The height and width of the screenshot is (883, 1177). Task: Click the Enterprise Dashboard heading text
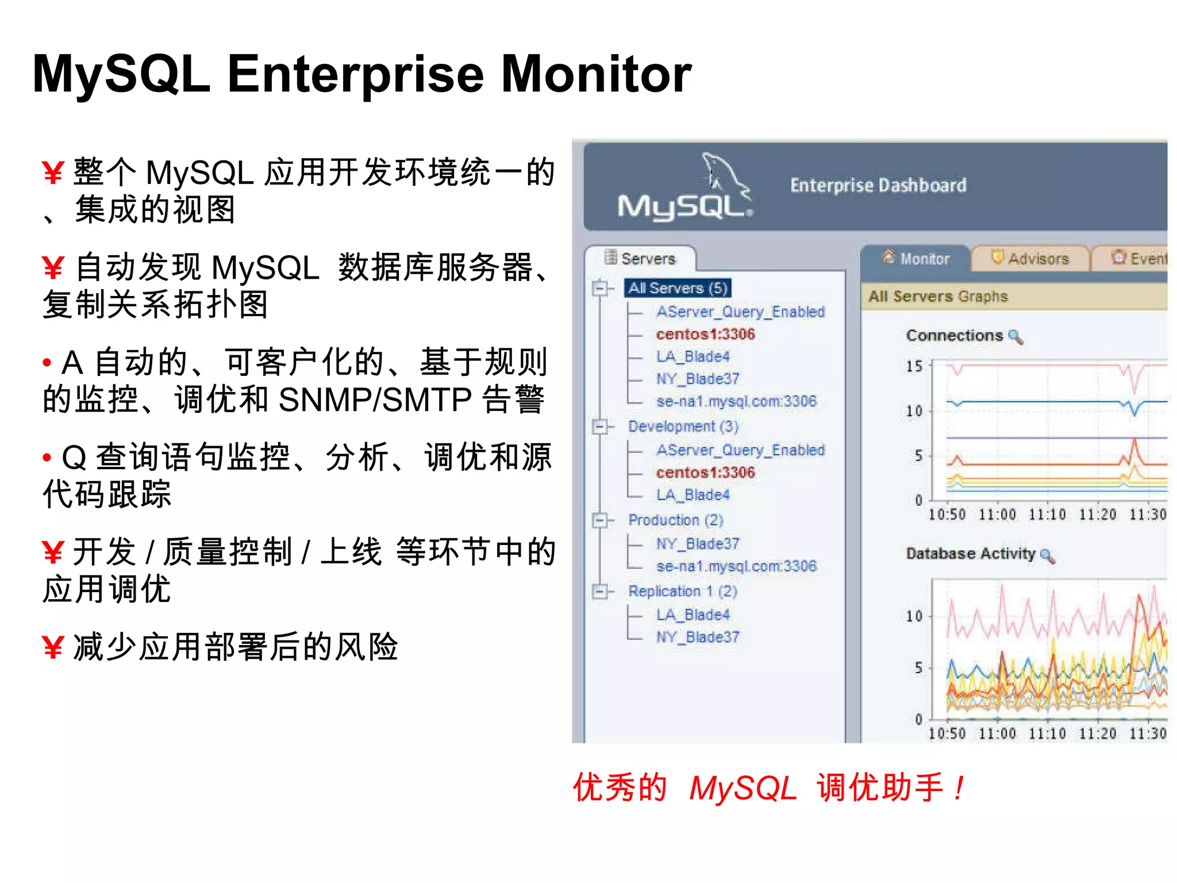point(878,185)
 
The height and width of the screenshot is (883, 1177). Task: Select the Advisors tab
point(1031,259)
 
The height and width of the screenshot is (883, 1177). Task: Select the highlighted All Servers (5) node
point(678,288)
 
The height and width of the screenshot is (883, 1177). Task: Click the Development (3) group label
point(683,427)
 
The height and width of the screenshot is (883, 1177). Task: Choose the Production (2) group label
point(675,520)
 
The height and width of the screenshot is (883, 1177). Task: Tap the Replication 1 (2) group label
point(682,591)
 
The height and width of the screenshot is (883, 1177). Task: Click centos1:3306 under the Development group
point(705,473)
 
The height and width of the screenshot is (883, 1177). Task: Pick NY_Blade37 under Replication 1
point(698,637)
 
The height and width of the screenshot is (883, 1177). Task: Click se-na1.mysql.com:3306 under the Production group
point(736,566)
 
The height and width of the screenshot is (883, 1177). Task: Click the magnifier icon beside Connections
point(1016,336)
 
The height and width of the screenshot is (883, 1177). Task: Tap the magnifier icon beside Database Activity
point(1047,555)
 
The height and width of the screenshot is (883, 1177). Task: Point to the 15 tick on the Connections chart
point(914,366)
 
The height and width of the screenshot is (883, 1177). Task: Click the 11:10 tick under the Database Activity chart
point(1047,734)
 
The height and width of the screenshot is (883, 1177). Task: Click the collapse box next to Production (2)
point(599,520)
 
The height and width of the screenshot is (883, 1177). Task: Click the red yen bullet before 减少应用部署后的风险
point(52,648)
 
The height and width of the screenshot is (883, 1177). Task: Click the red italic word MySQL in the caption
point(743,788)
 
